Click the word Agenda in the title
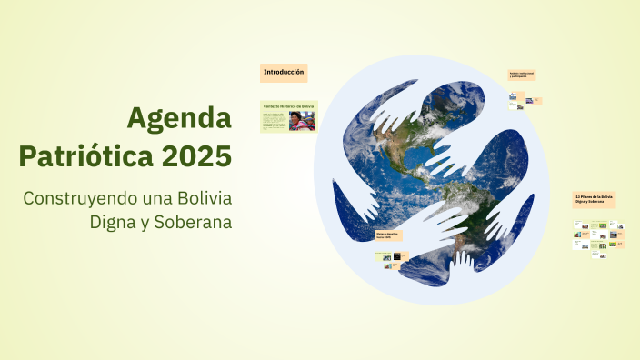(179, 117)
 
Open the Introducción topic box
(284, 72)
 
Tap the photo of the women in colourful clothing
(302, 121)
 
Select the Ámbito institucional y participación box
(521, 75)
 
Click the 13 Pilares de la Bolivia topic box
(595, 198)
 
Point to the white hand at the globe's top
(405, 109)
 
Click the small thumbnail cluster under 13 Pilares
(598, 235)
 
